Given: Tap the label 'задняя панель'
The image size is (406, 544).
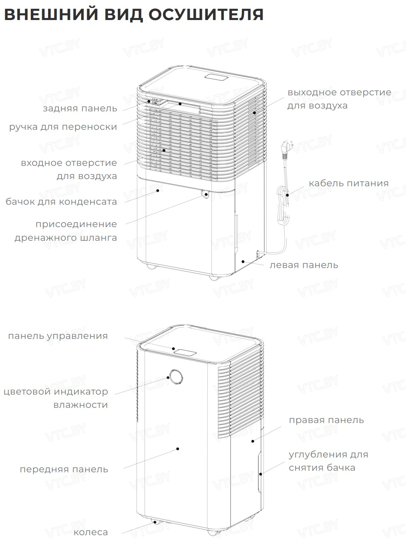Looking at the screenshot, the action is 80,108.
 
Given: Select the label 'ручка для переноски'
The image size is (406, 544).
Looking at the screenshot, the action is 63,127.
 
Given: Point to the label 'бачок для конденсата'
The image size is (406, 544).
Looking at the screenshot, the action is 61,202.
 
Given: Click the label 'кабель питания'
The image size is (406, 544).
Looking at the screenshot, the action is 348,183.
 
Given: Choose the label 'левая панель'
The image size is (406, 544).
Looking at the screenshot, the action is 303,265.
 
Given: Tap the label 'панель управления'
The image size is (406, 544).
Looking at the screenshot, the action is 58,336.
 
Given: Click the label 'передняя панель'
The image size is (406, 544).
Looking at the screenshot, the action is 64,469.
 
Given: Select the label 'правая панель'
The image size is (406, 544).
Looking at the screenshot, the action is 326,420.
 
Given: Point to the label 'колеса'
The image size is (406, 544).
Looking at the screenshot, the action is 90,532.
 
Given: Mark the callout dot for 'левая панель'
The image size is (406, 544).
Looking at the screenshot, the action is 243,262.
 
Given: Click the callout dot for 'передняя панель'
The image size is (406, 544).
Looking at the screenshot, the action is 178,449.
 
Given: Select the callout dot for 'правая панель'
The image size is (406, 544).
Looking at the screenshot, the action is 253,441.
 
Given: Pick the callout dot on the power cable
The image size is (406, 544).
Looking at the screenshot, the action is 287,195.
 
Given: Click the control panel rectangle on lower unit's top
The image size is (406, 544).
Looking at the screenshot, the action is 185,353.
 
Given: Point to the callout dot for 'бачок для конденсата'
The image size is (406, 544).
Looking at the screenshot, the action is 157,191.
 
